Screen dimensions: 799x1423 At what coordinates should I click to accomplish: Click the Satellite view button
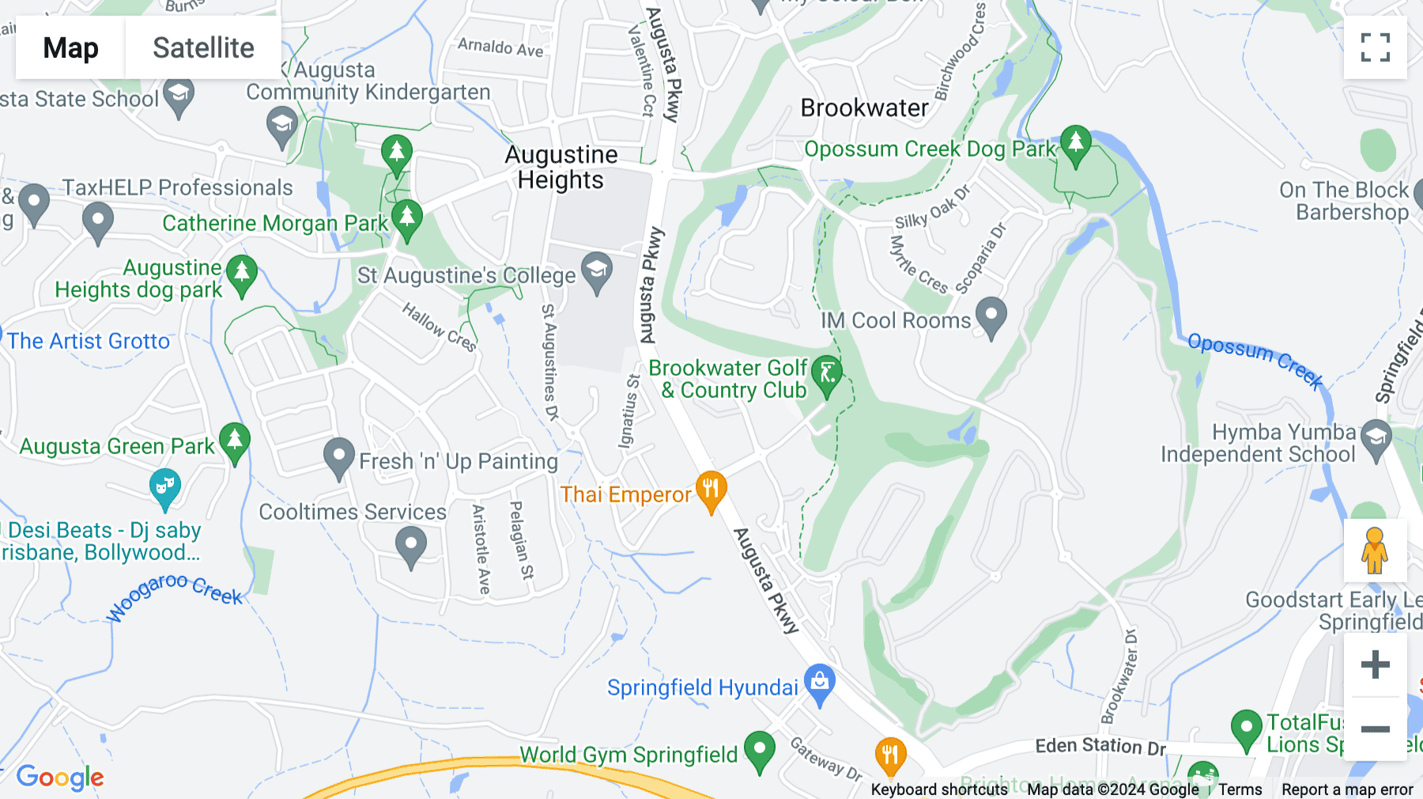point(203,47)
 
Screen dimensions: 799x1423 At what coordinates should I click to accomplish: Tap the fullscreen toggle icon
point(1375,47)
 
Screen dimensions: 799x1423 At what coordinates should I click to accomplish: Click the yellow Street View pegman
point(1375,551)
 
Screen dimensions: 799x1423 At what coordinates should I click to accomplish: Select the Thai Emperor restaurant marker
point(711,490)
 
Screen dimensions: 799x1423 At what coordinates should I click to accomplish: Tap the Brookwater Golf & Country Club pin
point(827,375)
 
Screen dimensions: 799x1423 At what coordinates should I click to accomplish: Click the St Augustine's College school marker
point(597,271)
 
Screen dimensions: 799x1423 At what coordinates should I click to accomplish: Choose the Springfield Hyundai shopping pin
point(819,683)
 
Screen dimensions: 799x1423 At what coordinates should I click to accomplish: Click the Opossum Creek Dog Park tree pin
point(1075,145)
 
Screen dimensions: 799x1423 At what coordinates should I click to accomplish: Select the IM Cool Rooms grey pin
point(991,316)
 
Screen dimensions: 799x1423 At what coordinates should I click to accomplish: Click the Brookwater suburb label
point(864,108)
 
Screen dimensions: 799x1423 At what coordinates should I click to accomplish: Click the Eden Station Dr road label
point(1100,745)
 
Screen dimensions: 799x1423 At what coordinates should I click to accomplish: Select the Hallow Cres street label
point(439,326)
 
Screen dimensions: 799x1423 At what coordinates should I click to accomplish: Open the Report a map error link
point(1347,790)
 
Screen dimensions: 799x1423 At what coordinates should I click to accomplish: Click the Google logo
point(60,777)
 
